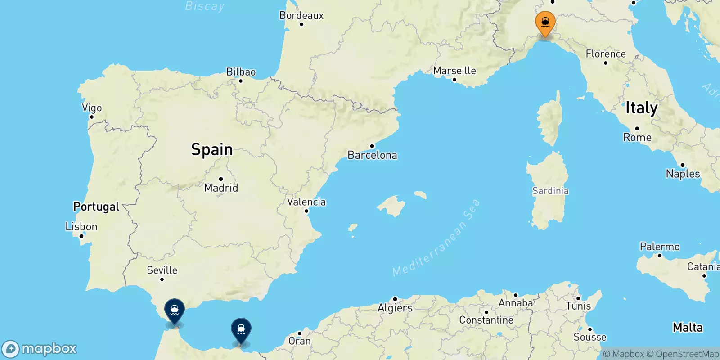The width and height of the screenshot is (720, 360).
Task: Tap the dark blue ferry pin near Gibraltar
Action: pyautogui.click(x=174, y=310)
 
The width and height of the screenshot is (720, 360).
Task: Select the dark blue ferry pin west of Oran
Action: pyautogui.click(x=241, y=329)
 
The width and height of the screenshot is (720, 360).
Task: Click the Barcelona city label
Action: pyautogui.click(x=372, y=155)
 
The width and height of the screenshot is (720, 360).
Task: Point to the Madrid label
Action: pyautogui.click(x=221, y=188)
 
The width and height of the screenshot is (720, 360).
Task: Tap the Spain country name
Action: pyautogui.click(x=212, y=149)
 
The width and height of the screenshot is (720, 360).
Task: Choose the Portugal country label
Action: pyautogui.click(x=96, y=207)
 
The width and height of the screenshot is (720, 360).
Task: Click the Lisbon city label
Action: pyautogui.click(x=81, y=227)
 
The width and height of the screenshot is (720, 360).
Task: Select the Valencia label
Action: pyautogui.click(x=306, y=202)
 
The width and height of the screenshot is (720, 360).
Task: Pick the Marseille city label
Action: pyautogui.click(x=454, y=71)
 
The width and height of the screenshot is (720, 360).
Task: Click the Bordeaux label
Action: pyautogui.click(x=301, y=15)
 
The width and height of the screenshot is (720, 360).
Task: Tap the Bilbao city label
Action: pyautogui.click(x=241, y=72)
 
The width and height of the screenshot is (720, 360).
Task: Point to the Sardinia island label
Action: pyautogui.click(x=550, y=191)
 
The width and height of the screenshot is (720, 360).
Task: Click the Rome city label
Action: pyautogui.click(x=637, y=138)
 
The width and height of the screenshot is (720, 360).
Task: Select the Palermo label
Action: pyautogui.click(x=660, y=247)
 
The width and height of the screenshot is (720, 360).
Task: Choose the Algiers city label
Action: pyautogui.click(x=395, y=308)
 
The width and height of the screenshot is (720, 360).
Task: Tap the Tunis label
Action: pyautogui.click(x=578, y=306)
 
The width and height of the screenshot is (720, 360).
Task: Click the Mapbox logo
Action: pyautogui.click(x=40, y=349)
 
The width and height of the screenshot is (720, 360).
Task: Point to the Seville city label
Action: pyautogui.click(x=162, y=270)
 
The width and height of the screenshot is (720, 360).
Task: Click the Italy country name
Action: pyautogui.click(x=642, y=108)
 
